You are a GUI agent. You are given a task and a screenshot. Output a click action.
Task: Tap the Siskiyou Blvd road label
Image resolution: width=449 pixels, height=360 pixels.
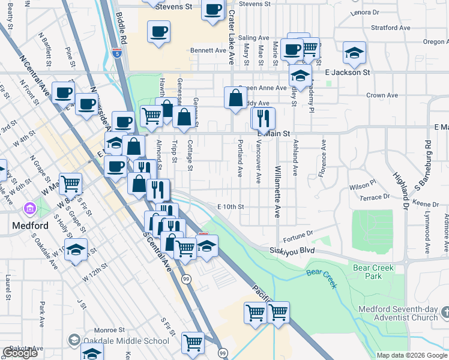292,250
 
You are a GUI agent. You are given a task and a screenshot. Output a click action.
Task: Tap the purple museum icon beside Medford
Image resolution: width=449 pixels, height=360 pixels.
29,209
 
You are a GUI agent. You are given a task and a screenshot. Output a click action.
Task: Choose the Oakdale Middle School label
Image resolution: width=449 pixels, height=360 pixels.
127,341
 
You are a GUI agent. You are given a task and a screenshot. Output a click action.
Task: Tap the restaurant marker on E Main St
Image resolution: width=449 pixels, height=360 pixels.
262,118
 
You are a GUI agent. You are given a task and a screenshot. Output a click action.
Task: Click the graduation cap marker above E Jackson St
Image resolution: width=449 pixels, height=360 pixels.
354,53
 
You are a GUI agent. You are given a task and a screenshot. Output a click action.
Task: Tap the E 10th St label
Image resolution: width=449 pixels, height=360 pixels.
231,206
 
